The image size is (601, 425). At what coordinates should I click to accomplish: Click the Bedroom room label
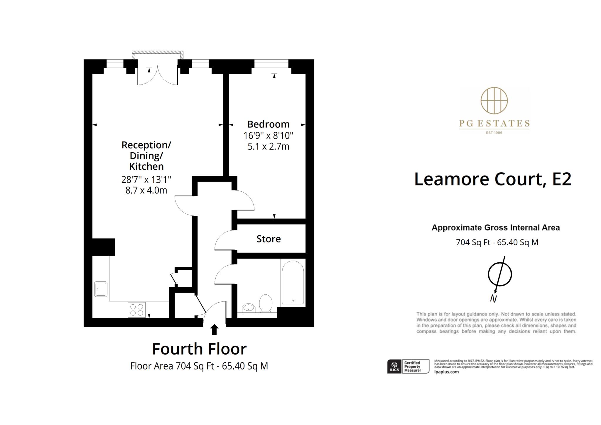point(268,124)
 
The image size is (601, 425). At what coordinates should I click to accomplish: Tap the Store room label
point(269,239)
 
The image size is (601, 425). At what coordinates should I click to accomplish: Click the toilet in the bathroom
point(266,303)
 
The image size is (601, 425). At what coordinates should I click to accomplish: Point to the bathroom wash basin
point(249,308)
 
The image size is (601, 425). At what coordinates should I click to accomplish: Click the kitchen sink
point(101,289)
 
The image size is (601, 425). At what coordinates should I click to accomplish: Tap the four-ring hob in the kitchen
point(137,310)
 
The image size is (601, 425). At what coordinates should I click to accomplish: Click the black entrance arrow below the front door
point(215,329)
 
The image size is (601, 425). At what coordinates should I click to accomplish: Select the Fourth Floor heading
point(199,349)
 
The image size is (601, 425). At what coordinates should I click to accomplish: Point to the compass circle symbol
point(500,274)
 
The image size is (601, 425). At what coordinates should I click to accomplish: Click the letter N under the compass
point(493,299)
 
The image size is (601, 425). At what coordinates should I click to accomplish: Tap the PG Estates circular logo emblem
point(494,100)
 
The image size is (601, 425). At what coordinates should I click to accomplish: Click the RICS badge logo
point(394,367)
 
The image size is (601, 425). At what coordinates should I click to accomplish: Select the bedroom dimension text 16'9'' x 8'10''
point(268,136)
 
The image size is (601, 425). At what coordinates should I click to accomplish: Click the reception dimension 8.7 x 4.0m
point(146,190)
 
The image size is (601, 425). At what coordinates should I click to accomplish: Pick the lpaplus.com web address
point(446,372)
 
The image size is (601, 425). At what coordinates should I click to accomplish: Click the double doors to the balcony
point(158,76)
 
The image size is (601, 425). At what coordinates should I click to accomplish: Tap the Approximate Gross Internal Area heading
point(496,227)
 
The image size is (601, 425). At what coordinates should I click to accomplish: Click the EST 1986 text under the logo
point(494,133)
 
